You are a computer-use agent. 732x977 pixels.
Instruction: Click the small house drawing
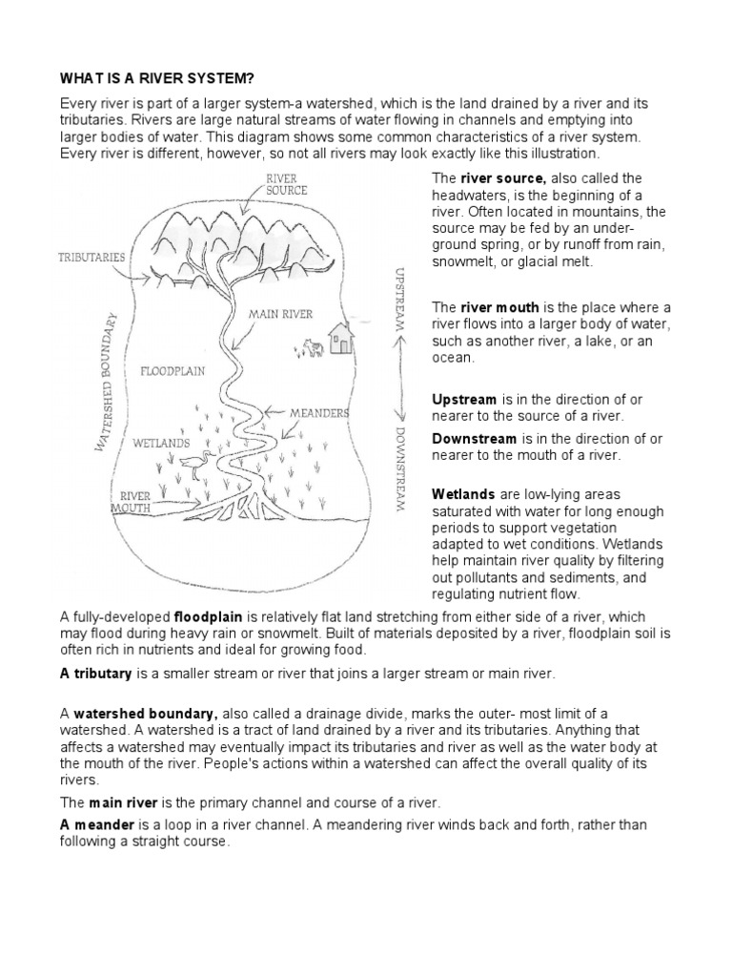pos(338,337)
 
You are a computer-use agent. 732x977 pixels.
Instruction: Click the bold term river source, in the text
pos(503,178)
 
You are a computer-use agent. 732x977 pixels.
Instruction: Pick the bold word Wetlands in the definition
pos(463,495)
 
